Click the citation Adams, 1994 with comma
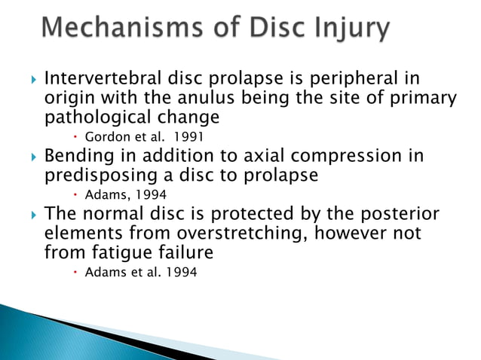[x=126, y=194]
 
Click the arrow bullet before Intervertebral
[x=30, y=79]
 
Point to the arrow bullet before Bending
[x=30, y=157]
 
